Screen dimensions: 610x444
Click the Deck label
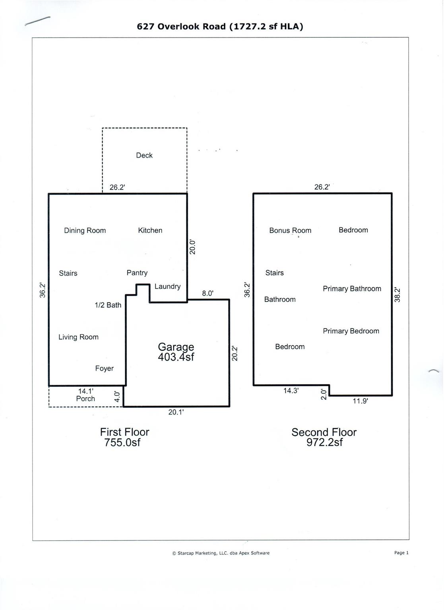(x=144, y=155)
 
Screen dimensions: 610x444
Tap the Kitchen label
(x=150, y=230)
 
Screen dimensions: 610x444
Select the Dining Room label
(x=85, y=231)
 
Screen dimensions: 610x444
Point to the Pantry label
(x=137, y=273)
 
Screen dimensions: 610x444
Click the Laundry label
(x=167, y=286)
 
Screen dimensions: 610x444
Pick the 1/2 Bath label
(x=108, y=305)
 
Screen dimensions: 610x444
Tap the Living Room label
(x=78, y=337)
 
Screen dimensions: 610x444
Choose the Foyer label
(x=104, y=369)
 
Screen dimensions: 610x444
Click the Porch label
(x=85, y=399)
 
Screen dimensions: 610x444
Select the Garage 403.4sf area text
(x=176, y=352)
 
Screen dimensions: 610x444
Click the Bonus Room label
(x=290, y=230)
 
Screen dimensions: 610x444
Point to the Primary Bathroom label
(x=352, y=289)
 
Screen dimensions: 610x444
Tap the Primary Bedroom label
(x=351, y=331)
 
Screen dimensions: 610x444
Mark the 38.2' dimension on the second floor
(x=397, y=295)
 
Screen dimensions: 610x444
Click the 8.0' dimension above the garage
(x=207, y=293)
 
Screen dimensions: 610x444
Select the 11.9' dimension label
(x=360, y=401)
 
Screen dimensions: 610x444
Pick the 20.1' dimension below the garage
(x=176, y=412)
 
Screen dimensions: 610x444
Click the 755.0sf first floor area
(x=122, y=443)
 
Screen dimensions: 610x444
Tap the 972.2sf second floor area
(x=324, y=442)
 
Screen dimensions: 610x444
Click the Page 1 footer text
(x=401, y=553)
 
